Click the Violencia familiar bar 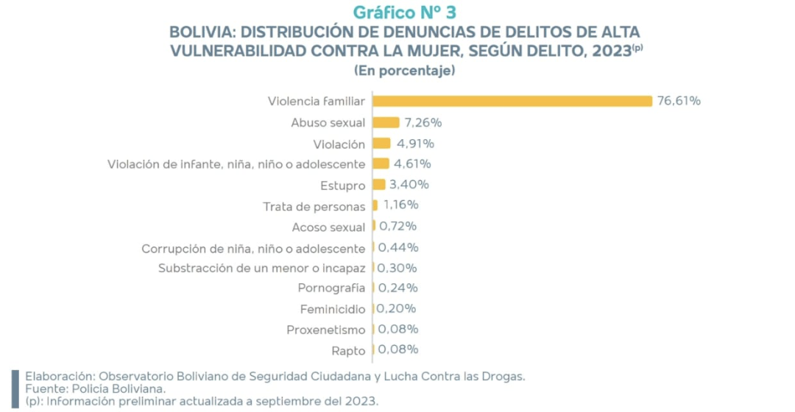(x=512, y=101)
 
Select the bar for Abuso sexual (x=386, y=122)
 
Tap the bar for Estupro (x=379, y=184)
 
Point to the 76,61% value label (x=679, y=101)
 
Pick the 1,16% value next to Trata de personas (x=401, y=205)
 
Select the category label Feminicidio (x=333, y=308)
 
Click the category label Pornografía (x=331, y=288)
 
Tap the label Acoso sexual (x=328, y=227)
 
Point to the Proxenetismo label (x=326, y=330)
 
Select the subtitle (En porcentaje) (x=404, y=71)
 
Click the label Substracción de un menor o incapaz (x=261, y=268)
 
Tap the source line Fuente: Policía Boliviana (x=96, y=388)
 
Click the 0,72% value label (x=398, y=225)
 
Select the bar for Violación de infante (x=381, y=163)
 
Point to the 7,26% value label (x=423, y=122)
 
